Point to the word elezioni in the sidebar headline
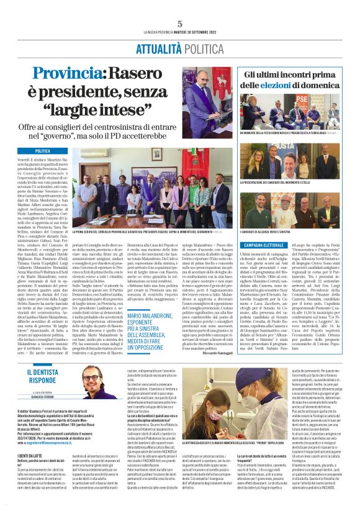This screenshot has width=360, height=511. [300, 84]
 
